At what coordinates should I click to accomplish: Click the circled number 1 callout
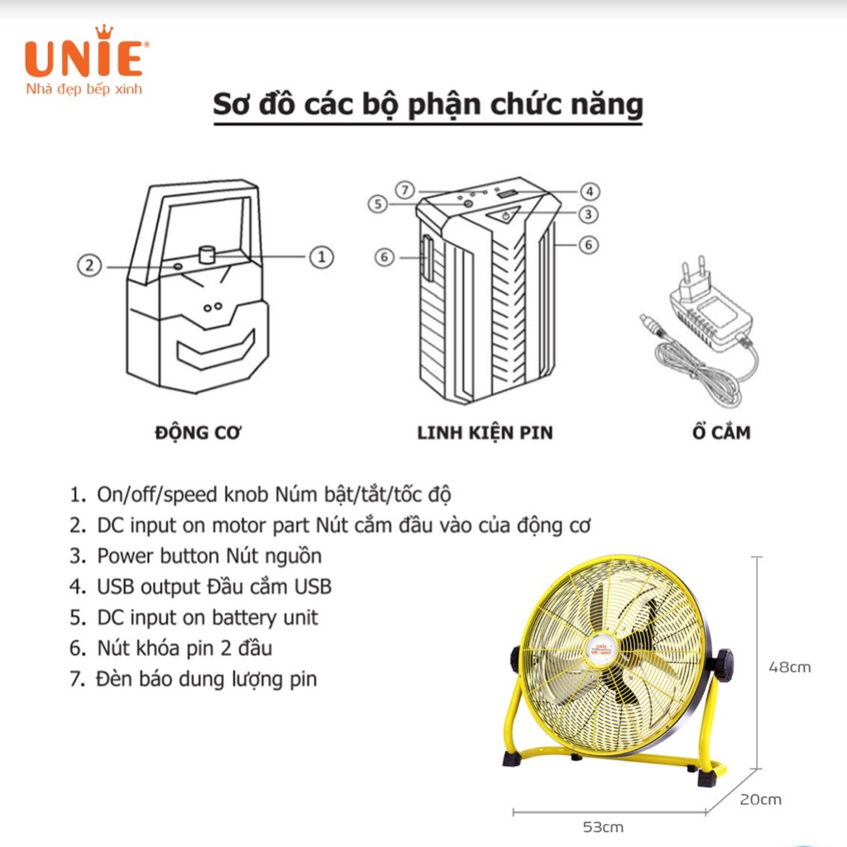(x=321, y=257)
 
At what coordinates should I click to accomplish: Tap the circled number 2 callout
(x=89, y=266)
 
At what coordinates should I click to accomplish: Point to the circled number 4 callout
(x=588, y=189)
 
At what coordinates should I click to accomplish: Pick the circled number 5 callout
(x=378, y=203)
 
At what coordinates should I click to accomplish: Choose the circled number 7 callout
(x=403, y=189)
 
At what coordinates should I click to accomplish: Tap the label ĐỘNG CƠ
(x=199, y=432)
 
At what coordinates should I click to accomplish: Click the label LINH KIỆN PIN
(x=485, y=432)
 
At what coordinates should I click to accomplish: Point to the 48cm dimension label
(x=789, y=667)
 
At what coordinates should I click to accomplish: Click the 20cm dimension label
(x=759, y=799)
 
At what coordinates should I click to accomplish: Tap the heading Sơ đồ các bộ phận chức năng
(x=428, y=106)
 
